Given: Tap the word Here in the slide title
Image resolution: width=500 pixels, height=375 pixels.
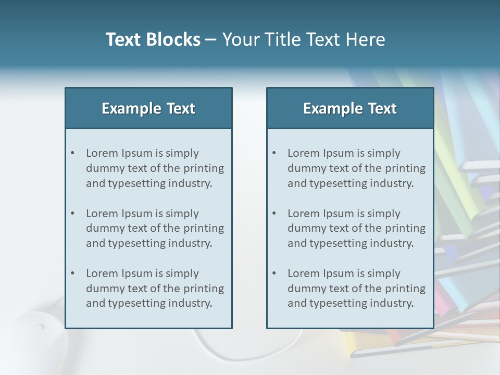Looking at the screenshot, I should tap(367, 40).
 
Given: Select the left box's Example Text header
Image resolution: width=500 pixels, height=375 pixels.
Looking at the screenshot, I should tap(148, 108).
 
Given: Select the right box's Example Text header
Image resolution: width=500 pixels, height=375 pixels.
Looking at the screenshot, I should tap(350, 108).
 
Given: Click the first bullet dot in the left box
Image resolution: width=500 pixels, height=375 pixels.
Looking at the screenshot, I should tap(72, 153).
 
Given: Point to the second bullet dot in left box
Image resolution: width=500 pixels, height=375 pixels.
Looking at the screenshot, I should tap(72, 214).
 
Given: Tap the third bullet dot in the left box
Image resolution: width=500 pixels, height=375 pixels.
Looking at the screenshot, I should tap(72, 273).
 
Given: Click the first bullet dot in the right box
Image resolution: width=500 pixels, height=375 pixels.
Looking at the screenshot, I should tap(274, 153).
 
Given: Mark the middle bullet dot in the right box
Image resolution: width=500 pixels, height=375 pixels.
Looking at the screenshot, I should tap(274, 214).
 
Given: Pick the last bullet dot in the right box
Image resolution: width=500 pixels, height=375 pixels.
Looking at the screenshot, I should tap(274, 273).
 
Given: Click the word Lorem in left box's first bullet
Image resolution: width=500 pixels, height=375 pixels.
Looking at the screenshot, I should tap(102, 153).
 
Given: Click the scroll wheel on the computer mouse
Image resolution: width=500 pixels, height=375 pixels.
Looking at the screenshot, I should tap(41, 327).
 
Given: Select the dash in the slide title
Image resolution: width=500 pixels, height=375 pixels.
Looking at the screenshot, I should tap(211, 40).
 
